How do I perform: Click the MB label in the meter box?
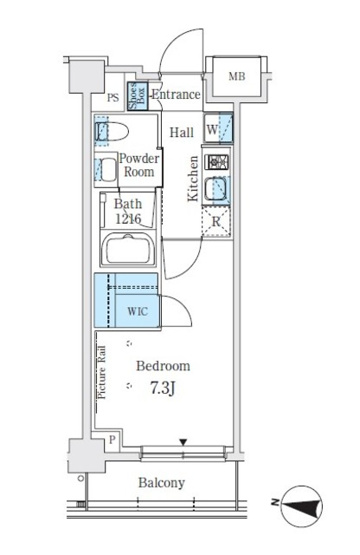[237, 76]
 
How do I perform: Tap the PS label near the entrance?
[113, 98]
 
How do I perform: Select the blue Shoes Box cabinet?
[137, 96]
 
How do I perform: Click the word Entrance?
[176, 95]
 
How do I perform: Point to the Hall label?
[182, 132]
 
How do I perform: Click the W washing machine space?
[218, 128]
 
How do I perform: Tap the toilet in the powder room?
[110, 131]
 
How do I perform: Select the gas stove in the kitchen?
[215, 162]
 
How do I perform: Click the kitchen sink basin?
[216, 189]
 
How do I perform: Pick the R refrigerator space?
[216, 222]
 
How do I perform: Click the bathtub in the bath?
[128, 247]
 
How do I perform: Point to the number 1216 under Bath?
[128, 219]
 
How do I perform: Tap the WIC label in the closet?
[137, 312]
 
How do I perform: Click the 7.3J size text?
[163, 388]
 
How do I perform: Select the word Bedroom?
[163, 366]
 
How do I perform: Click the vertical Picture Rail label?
[102, 372]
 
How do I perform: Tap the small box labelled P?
[113, 440]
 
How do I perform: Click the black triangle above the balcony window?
[183, 442]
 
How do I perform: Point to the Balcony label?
[161, 483]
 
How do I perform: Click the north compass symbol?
[301, 506]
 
